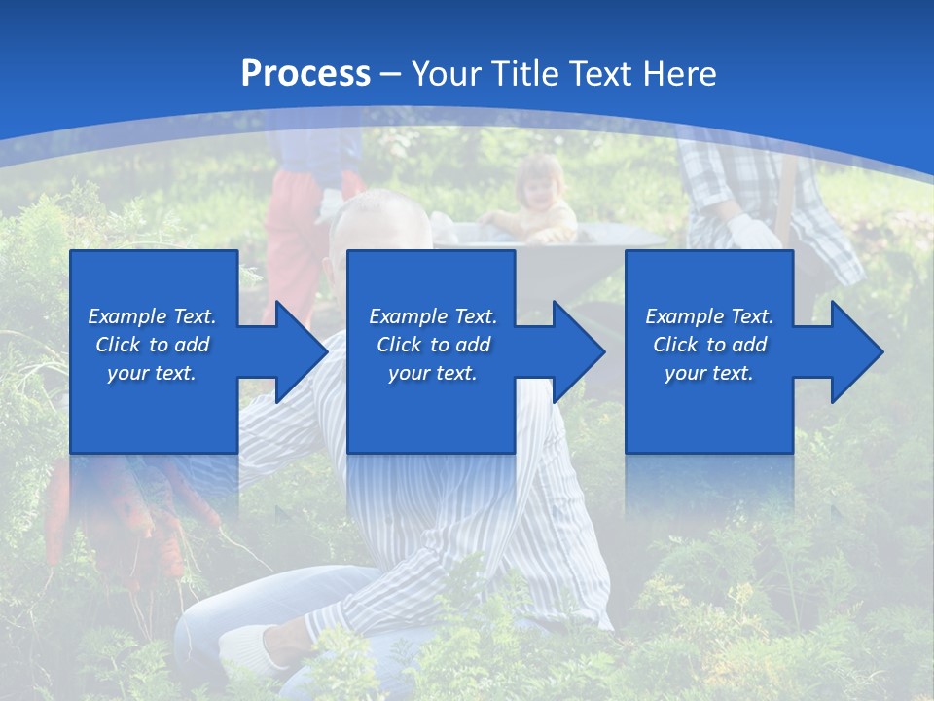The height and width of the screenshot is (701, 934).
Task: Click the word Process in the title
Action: [x=305, y=74]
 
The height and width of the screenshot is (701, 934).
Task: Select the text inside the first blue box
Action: [x=153, y=345]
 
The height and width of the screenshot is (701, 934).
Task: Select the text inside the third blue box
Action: [x=709, y=345]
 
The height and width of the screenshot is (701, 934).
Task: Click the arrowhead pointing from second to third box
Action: [x=577, y=351]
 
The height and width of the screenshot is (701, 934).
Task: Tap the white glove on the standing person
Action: [x=754, y=232]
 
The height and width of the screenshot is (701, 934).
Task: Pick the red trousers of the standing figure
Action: [x=292, y=243]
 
